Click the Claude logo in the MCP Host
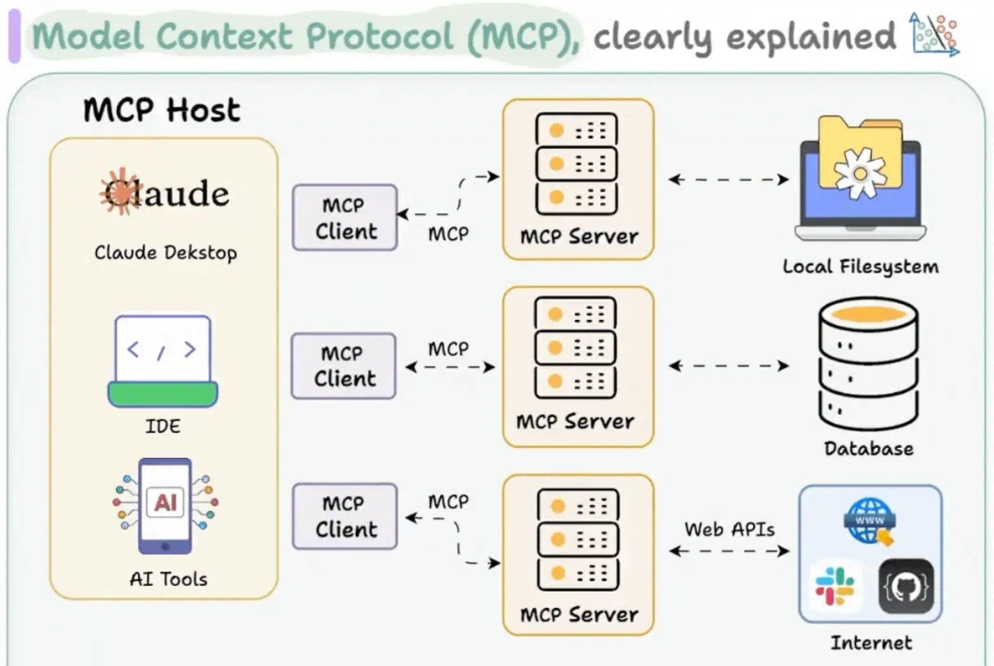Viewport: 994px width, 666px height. tap(164, 192)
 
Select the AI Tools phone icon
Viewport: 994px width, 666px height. tap(166, 505)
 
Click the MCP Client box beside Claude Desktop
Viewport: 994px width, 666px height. tap(345, 218)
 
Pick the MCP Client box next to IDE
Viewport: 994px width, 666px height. tap(344, 366)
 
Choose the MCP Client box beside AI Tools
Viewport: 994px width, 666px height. tap(344, 517)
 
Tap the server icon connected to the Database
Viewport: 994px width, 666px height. tap(576, 350)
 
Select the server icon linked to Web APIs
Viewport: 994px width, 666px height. tap(577, 538)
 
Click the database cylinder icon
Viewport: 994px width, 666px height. tap(868, 364)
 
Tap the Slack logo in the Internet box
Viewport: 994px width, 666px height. tap(835, 586)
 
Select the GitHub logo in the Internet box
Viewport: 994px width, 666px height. tap(907, 587)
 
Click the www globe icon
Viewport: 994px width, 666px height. tap(871, 522)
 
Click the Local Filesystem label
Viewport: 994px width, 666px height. tap(861, 267)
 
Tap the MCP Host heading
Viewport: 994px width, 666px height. tap(162, 110)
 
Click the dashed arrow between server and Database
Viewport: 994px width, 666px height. tap(729, 365)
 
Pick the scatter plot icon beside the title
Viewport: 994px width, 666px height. tap(933, 34)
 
